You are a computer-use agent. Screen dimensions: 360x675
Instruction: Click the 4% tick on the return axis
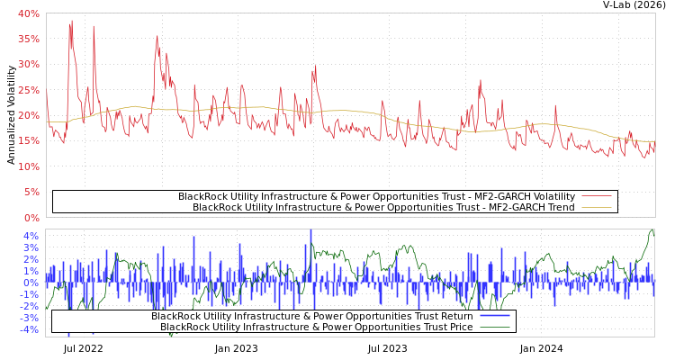tap(31, 236)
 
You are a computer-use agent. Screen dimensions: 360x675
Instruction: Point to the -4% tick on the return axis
tap(30, 329)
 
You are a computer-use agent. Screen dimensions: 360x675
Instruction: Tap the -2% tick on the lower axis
tap(30, 306)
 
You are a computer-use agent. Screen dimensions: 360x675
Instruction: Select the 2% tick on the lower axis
tap(31, 259)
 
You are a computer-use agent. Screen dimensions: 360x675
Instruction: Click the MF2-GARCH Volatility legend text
tap(376, 196)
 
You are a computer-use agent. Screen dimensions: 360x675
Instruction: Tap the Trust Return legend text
tap(311, 316)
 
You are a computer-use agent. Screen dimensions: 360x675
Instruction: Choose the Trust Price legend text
tap(316, 327)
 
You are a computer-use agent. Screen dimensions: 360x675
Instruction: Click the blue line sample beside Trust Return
tap(494, 316)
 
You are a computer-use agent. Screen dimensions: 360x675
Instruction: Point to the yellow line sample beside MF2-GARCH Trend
tap(597, 207)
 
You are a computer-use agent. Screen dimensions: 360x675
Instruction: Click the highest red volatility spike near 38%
tap(72, 21)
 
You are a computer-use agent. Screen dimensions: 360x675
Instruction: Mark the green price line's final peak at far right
tap(652, 230)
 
